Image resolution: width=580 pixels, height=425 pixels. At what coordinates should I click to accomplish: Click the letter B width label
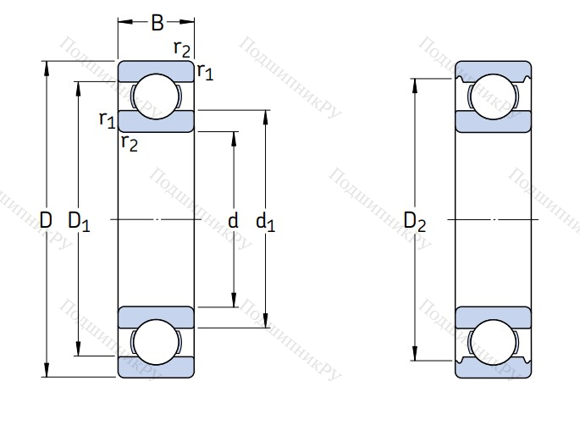click(x=157, y=23)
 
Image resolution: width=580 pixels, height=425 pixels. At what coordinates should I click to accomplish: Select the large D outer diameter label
click(x=46, y=221)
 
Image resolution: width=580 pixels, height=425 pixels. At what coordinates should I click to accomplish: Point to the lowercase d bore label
click(x=234, y=222)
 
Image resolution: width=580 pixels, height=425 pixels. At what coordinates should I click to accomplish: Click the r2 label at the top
click(x=182, y=48)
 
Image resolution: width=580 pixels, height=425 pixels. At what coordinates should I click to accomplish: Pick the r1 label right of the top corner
click(x=205, y=72)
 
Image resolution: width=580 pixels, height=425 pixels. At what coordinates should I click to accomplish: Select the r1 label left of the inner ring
click(x=107, y=119)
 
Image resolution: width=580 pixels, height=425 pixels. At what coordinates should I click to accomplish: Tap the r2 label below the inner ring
click(x=129, y=142)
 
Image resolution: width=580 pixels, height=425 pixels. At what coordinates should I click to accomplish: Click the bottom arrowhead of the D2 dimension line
click(x=415, y=354)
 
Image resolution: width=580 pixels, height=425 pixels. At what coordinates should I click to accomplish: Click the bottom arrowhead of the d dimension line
click(x=235, y=302)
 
